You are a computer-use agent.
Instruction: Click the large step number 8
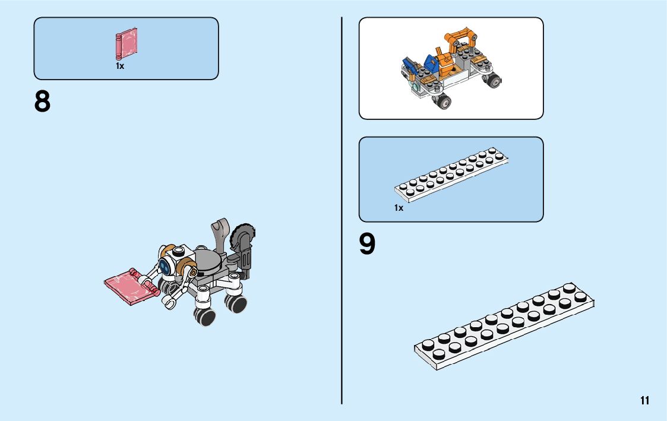(x=43, y=102)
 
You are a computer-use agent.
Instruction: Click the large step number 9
(x=367, y=245)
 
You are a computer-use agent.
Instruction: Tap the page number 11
(x=644, y=401)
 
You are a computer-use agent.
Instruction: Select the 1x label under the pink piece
(x=120, y=67)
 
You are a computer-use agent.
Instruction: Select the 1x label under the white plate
(x=399, y=208)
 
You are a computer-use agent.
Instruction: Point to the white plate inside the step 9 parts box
(x=451, y=172)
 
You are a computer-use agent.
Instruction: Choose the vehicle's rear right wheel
(x=493, y=80)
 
